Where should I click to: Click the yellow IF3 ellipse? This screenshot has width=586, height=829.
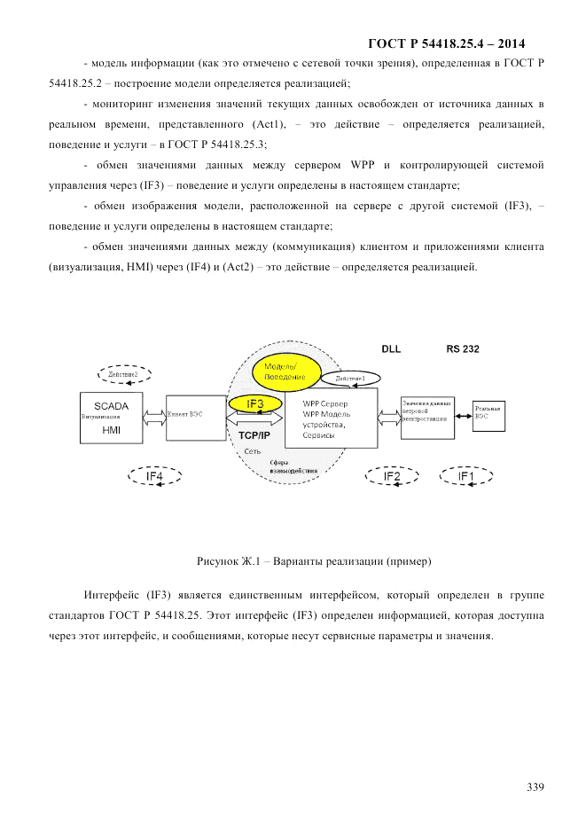click(x=254, y=404)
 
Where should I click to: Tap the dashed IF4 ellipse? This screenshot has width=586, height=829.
click(x=155, y=476)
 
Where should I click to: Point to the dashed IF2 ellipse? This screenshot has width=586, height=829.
click(x=392, y=476)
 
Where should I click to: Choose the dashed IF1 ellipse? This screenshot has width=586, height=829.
click(x=465, y=476)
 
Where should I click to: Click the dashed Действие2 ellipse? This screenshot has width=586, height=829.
click(x=124, y=375)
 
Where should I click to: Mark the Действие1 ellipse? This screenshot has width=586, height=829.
click(x=349, y=379)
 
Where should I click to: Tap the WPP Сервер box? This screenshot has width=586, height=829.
click(x=331, y=418)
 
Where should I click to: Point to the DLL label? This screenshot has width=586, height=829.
click(x=391, y=349)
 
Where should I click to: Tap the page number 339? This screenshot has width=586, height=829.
click(x=535, y=786)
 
